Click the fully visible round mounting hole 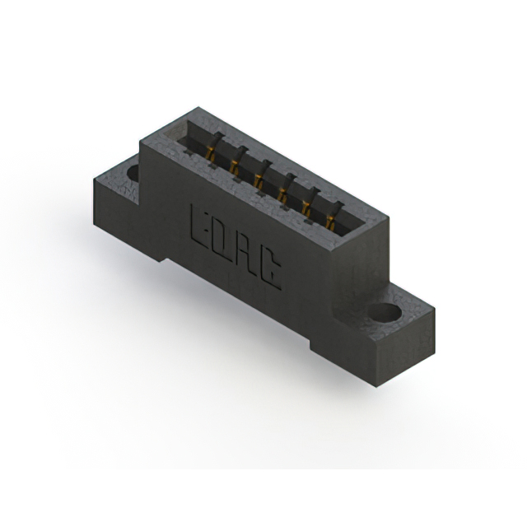(x=386, y=313)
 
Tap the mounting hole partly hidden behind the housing (x=133, y=174)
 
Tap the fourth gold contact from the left (x=282, y=195)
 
